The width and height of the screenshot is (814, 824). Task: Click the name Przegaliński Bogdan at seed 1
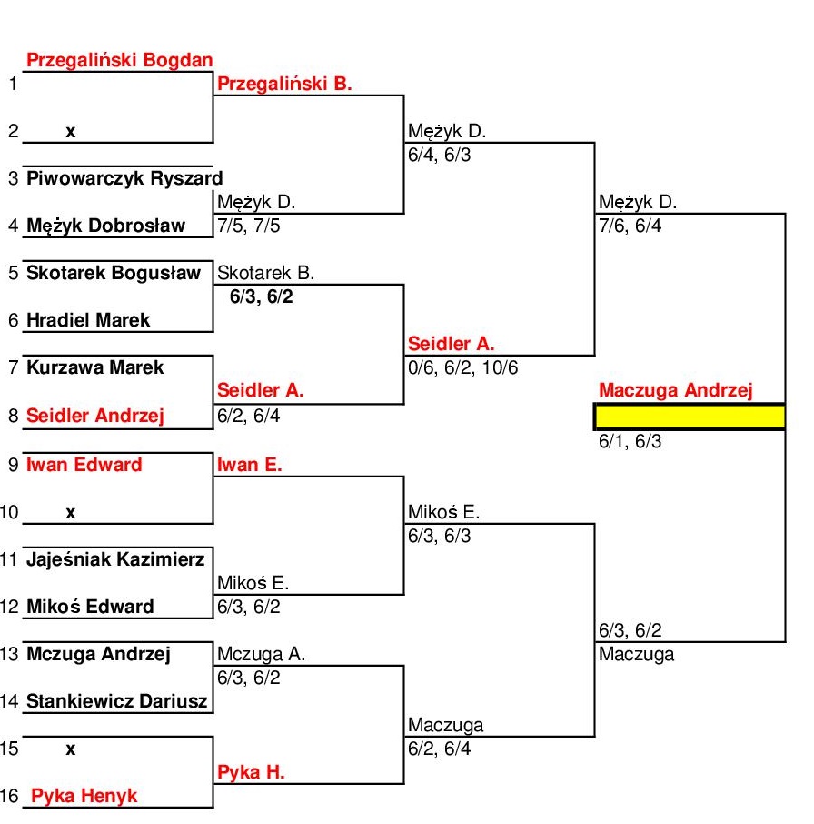tap(120, 61)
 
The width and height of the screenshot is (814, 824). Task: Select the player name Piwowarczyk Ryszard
tap(124, 178)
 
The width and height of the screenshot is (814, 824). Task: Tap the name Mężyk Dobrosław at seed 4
tap(105, 226)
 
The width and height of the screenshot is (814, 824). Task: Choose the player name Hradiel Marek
tap(88, 320)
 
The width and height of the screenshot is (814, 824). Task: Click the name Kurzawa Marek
tap(95, 367)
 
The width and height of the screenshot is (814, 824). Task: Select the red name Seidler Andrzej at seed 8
tap(95, 416)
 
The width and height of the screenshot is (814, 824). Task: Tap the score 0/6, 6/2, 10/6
tap(463, 367)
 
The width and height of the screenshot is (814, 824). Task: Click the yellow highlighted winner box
tap(690, 417)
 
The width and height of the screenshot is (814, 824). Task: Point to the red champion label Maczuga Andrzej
tap(676, 391)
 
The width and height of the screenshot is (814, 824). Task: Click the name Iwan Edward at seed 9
tap(84, 465)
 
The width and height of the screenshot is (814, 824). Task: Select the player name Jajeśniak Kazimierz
tap(115, 559)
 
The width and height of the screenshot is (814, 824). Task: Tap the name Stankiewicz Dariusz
tap(117, 701)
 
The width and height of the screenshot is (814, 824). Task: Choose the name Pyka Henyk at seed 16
tap(84, 796)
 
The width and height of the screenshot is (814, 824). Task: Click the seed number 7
tap(13, 368)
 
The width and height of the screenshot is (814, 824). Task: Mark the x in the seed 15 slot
tap(70, 749)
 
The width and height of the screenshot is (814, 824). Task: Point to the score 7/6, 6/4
tap(630, 226)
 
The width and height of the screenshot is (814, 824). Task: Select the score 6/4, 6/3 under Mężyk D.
tap(440, 155)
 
